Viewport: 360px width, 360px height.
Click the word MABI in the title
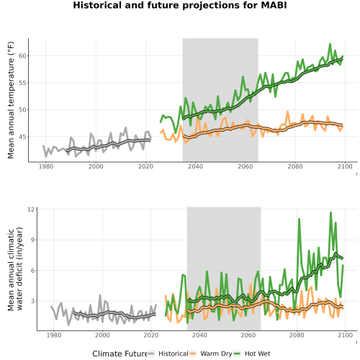(x=274, y=5)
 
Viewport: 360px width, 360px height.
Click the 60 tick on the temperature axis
(x=22, y=56)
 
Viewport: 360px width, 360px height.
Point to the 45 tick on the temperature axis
(x=22, y=137)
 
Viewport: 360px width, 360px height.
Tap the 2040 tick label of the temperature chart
(x=195, y=166)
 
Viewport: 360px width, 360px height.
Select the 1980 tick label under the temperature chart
(x=46, y=166)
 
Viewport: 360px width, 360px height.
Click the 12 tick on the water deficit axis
(x=31, y=210)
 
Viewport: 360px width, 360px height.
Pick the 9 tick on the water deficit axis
(x=32, y=240)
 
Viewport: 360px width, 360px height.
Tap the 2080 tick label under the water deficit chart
(x=297, y=335)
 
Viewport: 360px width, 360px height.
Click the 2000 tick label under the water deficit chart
(x=102, y=335)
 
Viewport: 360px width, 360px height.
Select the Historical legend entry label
(x=174, y=354)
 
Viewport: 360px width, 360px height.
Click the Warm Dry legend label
(x=216, y=354)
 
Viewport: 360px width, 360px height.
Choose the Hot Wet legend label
(x=258, y=354)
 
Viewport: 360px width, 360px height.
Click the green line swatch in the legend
(x=237, y=354)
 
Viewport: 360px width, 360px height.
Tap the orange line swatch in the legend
(x=193, y=354)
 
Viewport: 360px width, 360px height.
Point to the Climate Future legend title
(x=120, y=354)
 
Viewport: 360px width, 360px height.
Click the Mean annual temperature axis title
(x=11, y=100)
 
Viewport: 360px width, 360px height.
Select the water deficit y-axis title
(x=15, y=269)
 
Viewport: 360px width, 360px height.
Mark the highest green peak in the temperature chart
(x=330, y=44)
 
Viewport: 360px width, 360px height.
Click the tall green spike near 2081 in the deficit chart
(x=299, y=219)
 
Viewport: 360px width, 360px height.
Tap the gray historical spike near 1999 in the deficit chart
(x=100, y=295)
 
